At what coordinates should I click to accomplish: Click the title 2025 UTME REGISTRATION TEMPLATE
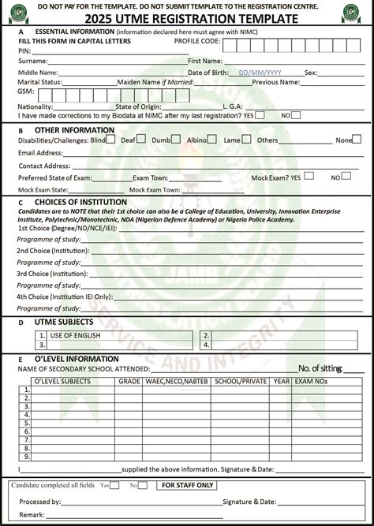pos(188,18)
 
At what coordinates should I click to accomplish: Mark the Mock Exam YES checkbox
pos(309,176)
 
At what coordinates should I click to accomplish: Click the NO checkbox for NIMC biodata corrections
pos(295,115)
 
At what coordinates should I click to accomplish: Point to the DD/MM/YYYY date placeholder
pos(260,73)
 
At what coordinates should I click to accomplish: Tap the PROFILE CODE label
pos(196,39)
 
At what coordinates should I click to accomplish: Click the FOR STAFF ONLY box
pos(186,486)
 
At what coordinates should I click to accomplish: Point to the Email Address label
pos(40,153)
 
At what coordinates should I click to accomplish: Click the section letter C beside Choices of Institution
pos(20,203)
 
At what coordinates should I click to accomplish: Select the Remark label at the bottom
pos(31,513)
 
